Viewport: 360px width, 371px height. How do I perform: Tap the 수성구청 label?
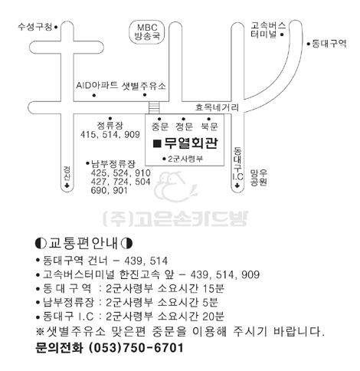coord(35,27)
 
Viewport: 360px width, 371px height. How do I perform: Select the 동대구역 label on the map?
coord(329,44)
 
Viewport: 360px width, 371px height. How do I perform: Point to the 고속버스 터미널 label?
coord(268,30)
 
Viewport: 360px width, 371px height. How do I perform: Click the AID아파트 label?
coord(97,85)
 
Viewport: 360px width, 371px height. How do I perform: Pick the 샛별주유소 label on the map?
coord(144,86)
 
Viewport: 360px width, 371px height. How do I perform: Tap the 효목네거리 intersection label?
coord(217,107)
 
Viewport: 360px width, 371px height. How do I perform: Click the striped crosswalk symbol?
coord(154,107)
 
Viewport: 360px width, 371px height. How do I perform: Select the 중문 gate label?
coord(160,126)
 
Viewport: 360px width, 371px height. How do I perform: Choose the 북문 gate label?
coord(209,126)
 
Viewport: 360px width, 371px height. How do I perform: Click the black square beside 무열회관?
coord(157,144)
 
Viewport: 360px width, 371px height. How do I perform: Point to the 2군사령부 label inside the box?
coord(185,159)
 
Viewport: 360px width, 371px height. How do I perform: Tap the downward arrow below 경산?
coord(67,185)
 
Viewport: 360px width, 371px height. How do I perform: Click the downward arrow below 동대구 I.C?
coord(237,185)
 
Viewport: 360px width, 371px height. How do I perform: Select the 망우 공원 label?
coord(259,178)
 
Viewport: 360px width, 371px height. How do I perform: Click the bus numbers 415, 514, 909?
coord(110,135)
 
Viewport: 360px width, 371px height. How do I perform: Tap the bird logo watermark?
coord(175,187)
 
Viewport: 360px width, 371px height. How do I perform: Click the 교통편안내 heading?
coord(84,243)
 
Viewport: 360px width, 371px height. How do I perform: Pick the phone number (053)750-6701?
coord(136,348)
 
